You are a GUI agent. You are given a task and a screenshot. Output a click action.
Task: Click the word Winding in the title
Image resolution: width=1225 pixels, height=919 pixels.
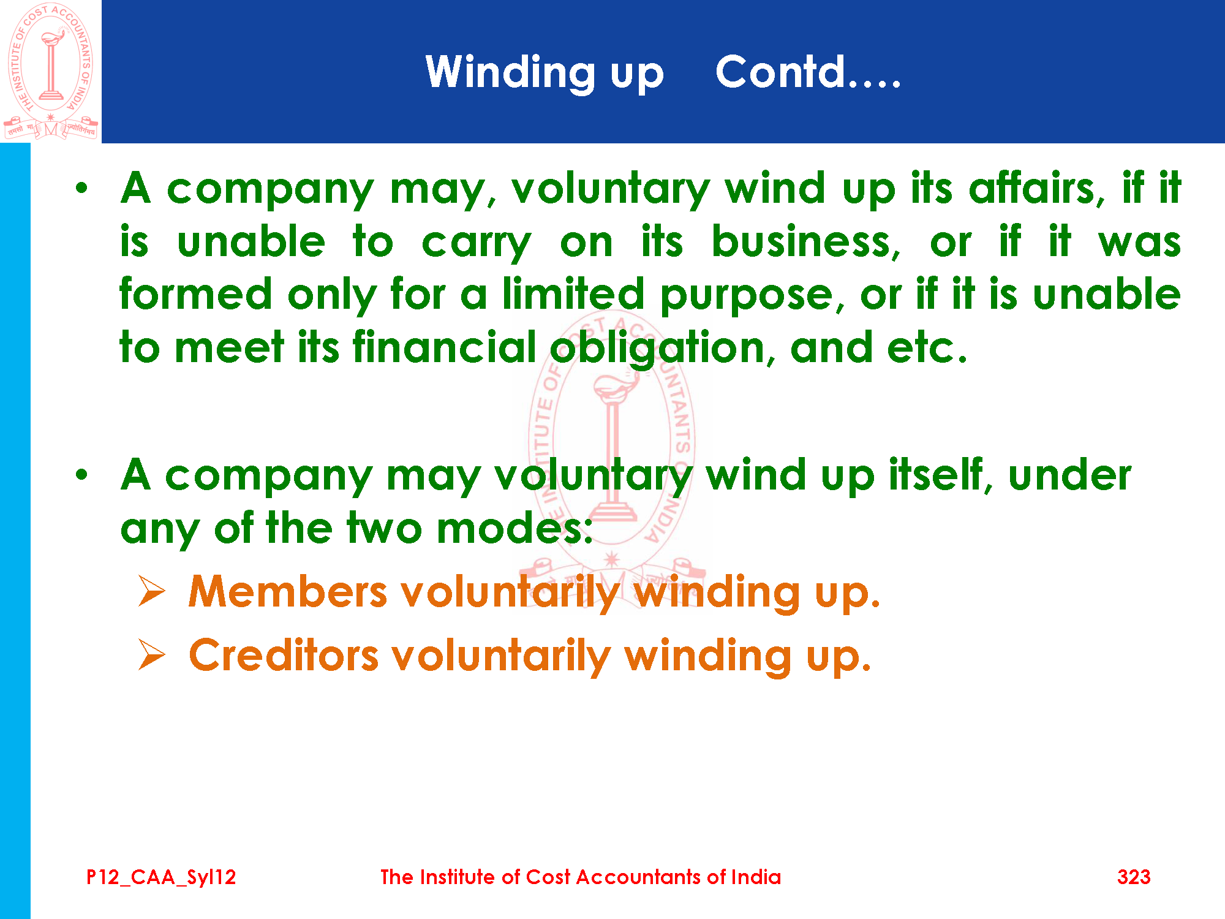510,73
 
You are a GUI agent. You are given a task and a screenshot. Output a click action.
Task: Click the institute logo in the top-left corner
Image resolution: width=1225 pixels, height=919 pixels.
51,71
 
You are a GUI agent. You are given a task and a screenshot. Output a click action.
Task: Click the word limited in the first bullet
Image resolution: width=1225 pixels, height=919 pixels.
573,293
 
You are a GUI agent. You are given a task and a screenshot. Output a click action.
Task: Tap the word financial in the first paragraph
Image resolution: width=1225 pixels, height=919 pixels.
445,347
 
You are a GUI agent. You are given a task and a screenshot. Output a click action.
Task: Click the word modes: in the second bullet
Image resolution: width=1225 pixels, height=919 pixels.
514,528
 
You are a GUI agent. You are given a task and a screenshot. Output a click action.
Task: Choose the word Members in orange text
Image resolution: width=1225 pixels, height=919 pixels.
288,592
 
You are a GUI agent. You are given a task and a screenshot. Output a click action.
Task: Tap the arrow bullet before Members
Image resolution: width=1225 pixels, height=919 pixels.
152,591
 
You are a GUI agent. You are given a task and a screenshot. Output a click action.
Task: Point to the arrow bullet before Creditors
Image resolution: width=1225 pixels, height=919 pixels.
152,654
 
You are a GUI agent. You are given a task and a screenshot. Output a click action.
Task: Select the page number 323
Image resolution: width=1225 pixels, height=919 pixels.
1134,877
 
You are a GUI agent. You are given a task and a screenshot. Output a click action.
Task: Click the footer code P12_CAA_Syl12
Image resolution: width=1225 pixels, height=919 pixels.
161,877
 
